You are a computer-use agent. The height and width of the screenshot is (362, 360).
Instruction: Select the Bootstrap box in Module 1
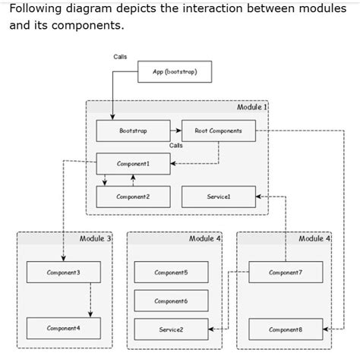(x=133, y=131)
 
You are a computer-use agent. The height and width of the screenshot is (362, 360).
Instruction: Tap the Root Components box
(x=218, y=131)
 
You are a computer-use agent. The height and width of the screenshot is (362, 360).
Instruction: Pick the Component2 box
(x=133, y=197)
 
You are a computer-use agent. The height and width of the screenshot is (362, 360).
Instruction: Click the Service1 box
(x=218, y=197)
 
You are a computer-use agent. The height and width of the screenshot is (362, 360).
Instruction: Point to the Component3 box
(x=63, y=272)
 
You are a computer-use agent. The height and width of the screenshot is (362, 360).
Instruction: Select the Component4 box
(x=63, y=328)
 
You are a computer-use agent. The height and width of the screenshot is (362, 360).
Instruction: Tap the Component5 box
(x=171, y=272)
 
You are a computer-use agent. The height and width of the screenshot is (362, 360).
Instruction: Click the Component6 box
(x=171, y=301)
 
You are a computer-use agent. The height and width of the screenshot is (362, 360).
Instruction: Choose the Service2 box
(x=171, y=329)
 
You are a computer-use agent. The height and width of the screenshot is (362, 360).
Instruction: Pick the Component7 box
(x=285, y=272)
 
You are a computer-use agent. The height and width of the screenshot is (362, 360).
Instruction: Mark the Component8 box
(x=285, y=329)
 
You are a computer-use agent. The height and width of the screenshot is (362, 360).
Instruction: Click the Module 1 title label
(x=251, y=108)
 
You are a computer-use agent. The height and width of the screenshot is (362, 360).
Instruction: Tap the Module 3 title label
(x=95, y=238)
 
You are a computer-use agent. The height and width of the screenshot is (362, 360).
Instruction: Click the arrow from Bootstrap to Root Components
(x=176, y=131)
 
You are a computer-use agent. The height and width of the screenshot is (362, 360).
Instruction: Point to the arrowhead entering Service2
(x=211, y=329)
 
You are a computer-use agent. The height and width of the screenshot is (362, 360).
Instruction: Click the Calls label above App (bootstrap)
(x=120, y=57)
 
